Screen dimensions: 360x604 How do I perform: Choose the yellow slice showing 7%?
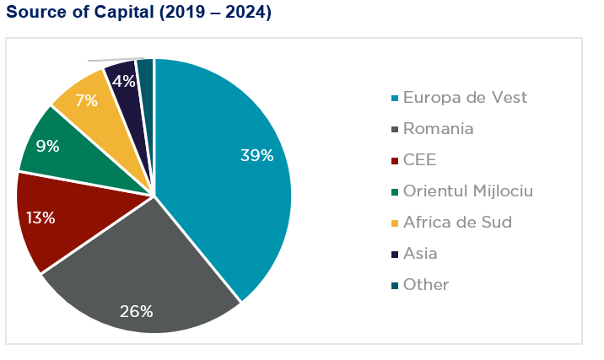(x=97, y=101)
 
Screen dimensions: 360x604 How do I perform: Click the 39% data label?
(x=257, y=155)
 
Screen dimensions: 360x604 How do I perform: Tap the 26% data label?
(x=136, y=311)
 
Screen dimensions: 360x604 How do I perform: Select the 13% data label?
(x=40, y=218)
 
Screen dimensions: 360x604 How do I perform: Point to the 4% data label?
(x=123, y=82)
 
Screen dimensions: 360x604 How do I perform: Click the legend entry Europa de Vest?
(x=465, y=98)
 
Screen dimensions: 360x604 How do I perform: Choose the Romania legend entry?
(x=438, y=129)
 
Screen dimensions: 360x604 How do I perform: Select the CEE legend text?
(x=419, y=160)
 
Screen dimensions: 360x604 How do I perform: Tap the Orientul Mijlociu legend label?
(x=467, y=191)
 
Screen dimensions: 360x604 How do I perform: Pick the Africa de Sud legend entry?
(x=457, y=223)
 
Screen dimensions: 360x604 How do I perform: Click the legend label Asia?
(x=420, y=254)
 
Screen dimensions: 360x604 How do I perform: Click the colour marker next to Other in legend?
(x=393, y=285)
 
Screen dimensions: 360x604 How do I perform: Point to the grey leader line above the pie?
(x=110, y=60)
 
